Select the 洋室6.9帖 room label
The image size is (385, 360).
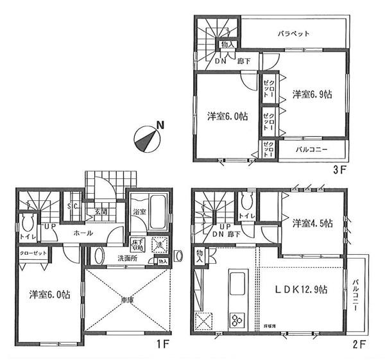point(312,94)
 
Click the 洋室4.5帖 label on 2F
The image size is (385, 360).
point(312,223)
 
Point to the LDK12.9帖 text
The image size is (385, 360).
point(302,290)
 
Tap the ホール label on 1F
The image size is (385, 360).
point(80,232)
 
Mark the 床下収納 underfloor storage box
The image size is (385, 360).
point(138,244)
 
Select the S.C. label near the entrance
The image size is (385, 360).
point(73,205)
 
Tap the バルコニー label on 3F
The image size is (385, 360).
point(312,150)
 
